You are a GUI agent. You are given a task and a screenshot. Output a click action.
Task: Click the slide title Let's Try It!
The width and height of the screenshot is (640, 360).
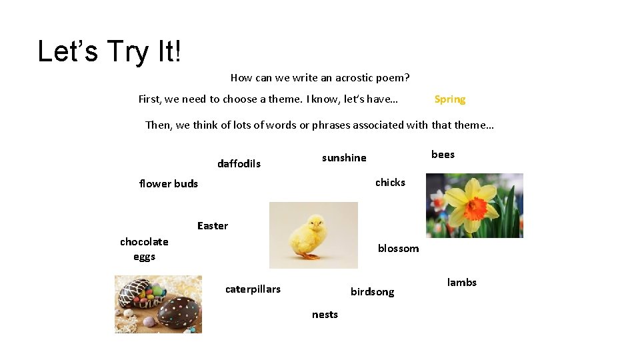(109, 51)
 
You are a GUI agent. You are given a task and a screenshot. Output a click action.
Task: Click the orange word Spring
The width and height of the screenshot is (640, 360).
(449, 99)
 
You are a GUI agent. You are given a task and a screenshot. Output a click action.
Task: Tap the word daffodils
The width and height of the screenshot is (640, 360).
(239, 164)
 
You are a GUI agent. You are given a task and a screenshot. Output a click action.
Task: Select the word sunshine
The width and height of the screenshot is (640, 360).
(344, 158)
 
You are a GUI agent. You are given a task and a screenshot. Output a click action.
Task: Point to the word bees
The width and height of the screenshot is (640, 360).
(443, 155)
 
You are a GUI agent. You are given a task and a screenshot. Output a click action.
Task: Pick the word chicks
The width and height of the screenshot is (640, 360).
(390, 182)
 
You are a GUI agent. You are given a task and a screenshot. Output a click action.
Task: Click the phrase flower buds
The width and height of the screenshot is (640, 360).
(168, 184)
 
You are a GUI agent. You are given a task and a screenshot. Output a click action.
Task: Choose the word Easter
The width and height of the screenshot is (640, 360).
(213, 226)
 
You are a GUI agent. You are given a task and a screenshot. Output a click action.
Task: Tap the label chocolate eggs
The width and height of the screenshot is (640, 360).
(144, 249)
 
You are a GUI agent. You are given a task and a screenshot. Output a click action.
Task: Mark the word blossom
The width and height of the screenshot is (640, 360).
(398, 249)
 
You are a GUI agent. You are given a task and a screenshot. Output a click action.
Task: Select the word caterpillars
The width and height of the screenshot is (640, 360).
(253, 289)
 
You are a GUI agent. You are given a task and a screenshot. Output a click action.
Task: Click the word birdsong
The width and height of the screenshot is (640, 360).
(372, 292)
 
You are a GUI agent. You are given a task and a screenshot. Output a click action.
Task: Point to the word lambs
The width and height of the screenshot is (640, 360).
(461, 283)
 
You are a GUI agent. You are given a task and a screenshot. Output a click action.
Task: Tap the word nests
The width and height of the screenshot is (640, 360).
(325, 315)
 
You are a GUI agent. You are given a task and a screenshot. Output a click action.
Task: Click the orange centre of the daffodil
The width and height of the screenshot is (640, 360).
(475, 208)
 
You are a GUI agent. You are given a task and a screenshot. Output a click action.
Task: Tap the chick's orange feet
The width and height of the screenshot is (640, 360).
(309, 255)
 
